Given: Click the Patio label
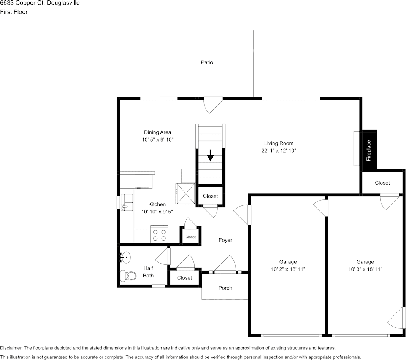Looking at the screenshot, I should click(207, 62).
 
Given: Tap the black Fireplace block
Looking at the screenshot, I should click(369, 150).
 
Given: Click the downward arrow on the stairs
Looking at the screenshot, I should click(210, 156).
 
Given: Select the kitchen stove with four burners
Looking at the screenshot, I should click(160, 234).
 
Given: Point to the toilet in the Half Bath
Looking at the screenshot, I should click(128, 275).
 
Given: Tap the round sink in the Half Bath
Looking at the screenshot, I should click(125, 258).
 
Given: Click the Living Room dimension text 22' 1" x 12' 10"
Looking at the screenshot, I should click(279, 150).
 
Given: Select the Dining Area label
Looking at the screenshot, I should click(157, 132).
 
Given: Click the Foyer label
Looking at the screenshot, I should click(225, 240).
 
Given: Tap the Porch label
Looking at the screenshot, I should click(225, 288).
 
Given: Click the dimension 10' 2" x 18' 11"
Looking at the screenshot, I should click(288, 269).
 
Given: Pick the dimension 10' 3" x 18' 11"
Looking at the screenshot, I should click(365, 269).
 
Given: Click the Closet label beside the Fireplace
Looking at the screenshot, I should click(382, 183).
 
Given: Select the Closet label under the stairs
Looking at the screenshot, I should click(210, 196).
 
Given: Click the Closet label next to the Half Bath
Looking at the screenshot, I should click(184, 278).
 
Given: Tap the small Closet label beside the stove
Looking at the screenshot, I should click(190, 237).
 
